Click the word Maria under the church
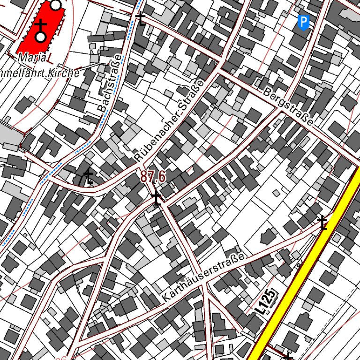[x=32, y=58]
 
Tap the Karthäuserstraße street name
[x=204, y=278]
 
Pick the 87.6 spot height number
[x=153, y=177]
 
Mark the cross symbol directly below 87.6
[x=156, y=199]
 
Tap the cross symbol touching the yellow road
[x=322, y=222]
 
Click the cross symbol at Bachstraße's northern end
[x=140, y=19]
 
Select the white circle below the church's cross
[x=41, y=37]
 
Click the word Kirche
[x=68, y=73]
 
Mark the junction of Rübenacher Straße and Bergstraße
[x=219, y=71]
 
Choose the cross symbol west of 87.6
[x=88, y=177]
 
